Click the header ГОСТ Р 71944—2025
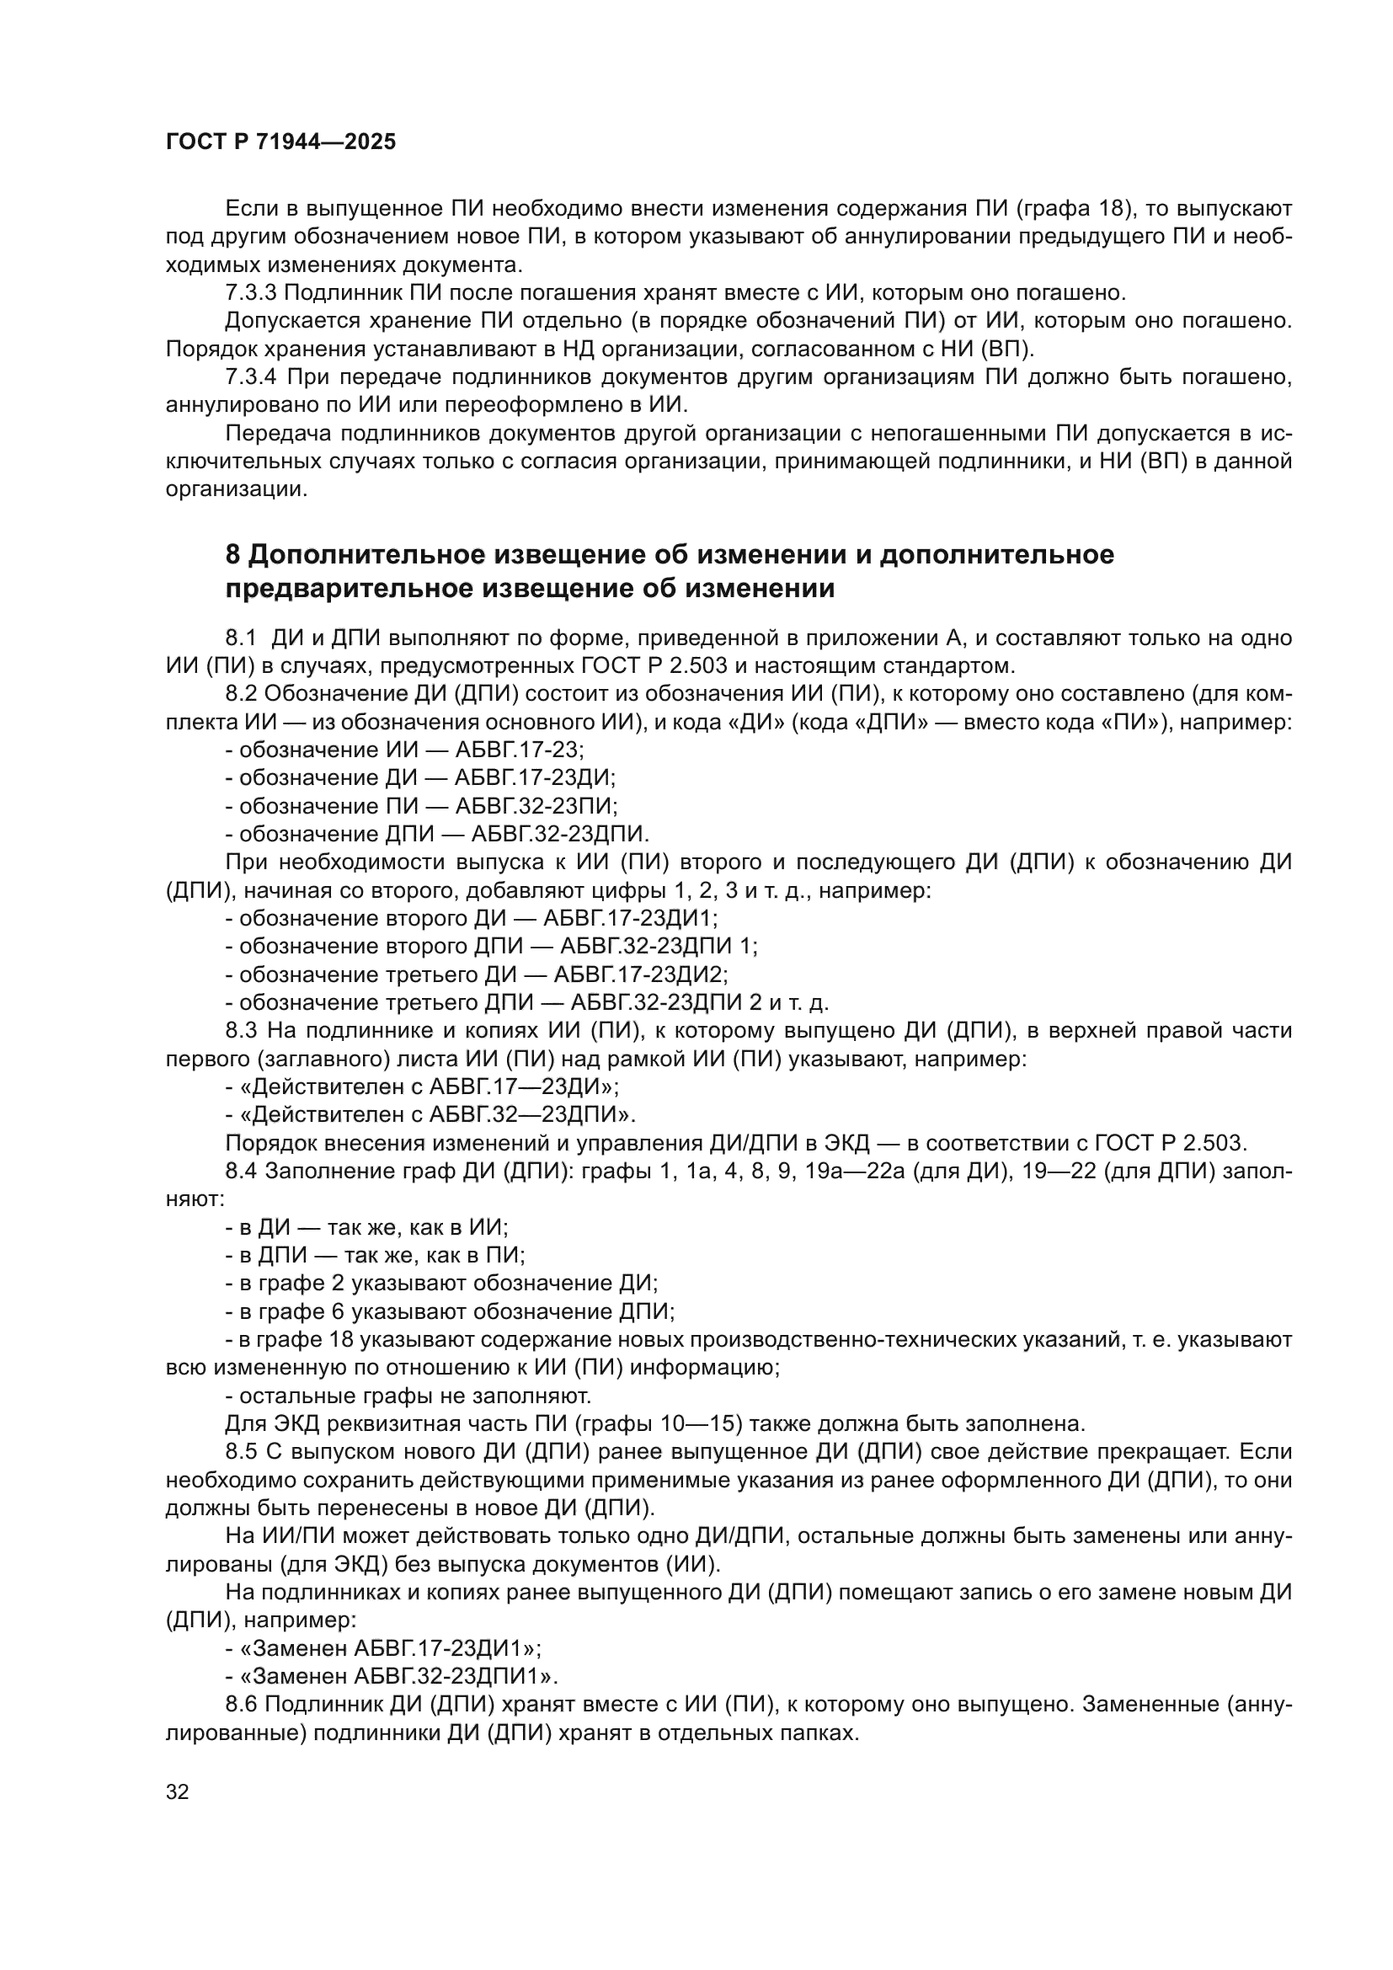(x=280, y=142)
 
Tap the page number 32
(x=178, y=1792)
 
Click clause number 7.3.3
(x=250, y=292)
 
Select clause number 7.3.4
(x=250, y=376)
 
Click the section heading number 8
(x=233, y=555)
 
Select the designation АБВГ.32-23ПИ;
(x=536, y=806)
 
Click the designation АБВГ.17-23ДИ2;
(x=641, y=974)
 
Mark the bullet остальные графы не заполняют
(x=408, y=1396)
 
